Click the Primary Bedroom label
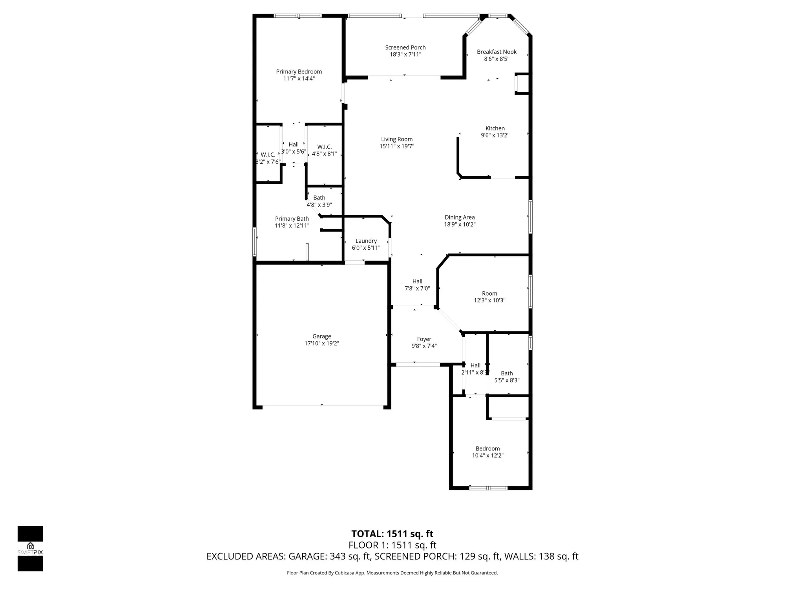tap(299, 71)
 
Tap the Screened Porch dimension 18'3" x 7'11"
tap(405, 55)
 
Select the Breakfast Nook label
tap(497, 52)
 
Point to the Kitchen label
tap(495, 128)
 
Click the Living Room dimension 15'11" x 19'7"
tap(396, 146)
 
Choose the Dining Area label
tap(459, 217)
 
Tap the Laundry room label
tap(366, 241)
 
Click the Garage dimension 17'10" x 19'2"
tap(321, 344)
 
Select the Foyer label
tap(424, 339)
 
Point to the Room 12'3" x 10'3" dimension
tap(489, 301)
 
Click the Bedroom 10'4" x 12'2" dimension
tap(487, 455)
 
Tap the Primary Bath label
tap(292, 219)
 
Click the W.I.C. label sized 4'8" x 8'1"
tap(324, 147)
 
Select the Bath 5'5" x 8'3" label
tap(507, 373)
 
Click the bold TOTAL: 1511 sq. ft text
tap(392, 534)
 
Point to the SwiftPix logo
tap(30, 548)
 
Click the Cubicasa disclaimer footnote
tap(392, 573)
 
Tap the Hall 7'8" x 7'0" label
tap(417, 281)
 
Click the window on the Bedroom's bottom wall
tap(488, 488)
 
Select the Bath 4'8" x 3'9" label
tap(319, 198)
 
